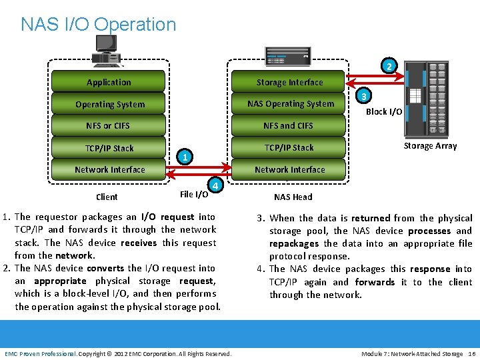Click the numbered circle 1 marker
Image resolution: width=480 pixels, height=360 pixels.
coord(185,157)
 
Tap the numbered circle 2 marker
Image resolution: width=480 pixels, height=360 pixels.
coord(389,66)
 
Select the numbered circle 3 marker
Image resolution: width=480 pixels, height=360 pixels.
coord(363,96)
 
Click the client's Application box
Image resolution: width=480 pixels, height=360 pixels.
coord(109,82)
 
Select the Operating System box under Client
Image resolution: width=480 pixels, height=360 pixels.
coord(109,104)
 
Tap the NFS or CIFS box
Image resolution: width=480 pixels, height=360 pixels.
coord(108,125)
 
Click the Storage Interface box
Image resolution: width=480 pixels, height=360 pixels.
coord(289,82)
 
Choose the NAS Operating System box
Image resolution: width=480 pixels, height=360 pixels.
coord(290,103)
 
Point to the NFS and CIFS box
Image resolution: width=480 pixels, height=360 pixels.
coord(288,125)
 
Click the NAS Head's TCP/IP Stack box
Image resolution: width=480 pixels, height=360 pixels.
coord(289,147)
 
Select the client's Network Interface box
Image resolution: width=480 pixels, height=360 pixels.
coord(109,169)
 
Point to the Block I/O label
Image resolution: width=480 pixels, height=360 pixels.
coord(383,112)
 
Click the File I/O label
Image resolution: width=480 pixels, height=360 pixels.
coord(193,195)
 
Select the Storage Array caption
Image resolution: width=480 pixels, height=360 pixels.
coord(430,146)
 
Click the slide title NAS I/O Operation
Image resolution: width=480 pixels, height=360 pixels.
coord(99,25)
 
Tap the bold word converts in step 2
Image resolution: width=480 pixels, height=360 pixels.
coord(105,268)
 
